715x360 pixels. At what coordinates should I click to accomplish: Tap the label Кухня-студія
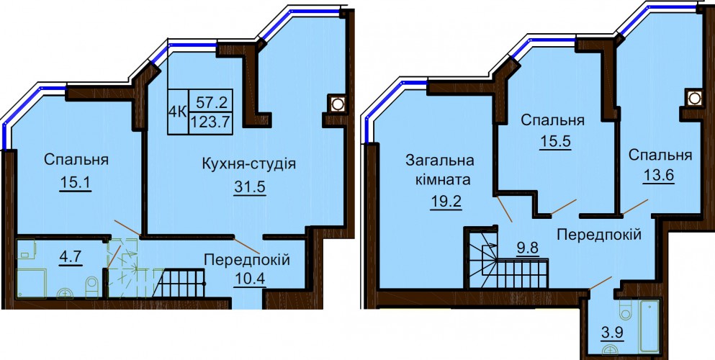(x=249, y=163)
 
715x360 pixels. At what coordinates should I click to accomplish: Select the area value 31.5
(x=250, y=188)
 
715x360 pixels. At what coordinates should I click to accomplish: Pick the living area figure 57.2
(x=212, y=102)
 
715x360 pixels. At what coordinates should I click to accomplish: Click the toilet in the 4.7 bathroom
(x=92, y=287)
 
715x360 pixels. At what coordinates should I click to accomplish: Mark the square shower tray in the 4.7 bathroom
(x=32, y=282)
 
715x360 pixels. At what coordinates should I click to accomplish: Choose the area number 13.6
(x=658, y=175)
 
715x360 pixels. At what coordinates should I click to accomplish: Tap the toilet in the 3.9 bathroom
(x=625, y=310)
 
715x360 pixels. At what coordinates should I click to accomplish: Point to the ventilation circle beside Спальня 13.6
(x=694, y=98)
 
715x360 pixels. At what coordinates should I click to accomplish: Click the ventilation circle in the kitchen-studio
(x=337, y=104)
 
